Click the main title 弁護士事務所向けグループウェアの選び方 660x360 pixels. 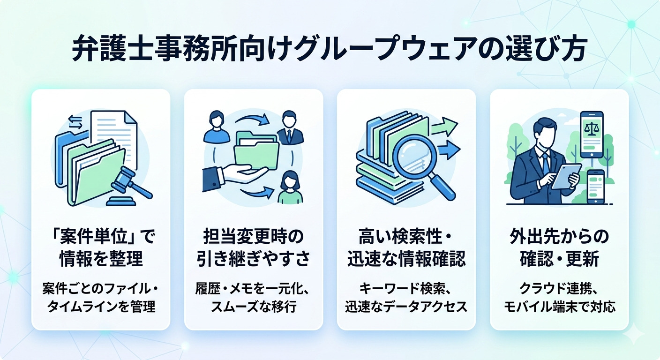tap(328, 49)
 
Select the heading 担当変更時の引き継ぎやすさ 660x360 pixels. tap(254, 248)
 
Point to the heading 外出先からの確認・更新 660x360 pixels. tap(559, 248)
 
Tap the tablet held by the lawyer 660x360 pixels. tap(566, 176)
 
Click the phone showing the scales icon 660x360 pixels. tap(592, 135)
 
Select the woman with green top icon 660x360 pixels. tap(290, 187)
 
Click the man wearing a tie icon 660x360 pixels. tap(289, 127)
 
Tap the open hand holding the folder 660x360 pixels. tap(236, 177)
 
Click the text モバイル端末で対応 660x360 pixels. tap(559, 307)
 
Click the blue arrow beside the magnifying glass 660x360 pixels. tap(449, 150)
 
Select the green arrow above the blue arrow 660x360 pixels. tap(444, 127)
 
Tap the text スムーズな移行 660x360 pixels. tap(254, 307)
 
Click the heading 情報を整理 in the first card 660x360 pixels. tap(101, 259)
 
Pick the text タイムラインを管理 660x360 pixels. tap(101, 307)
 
